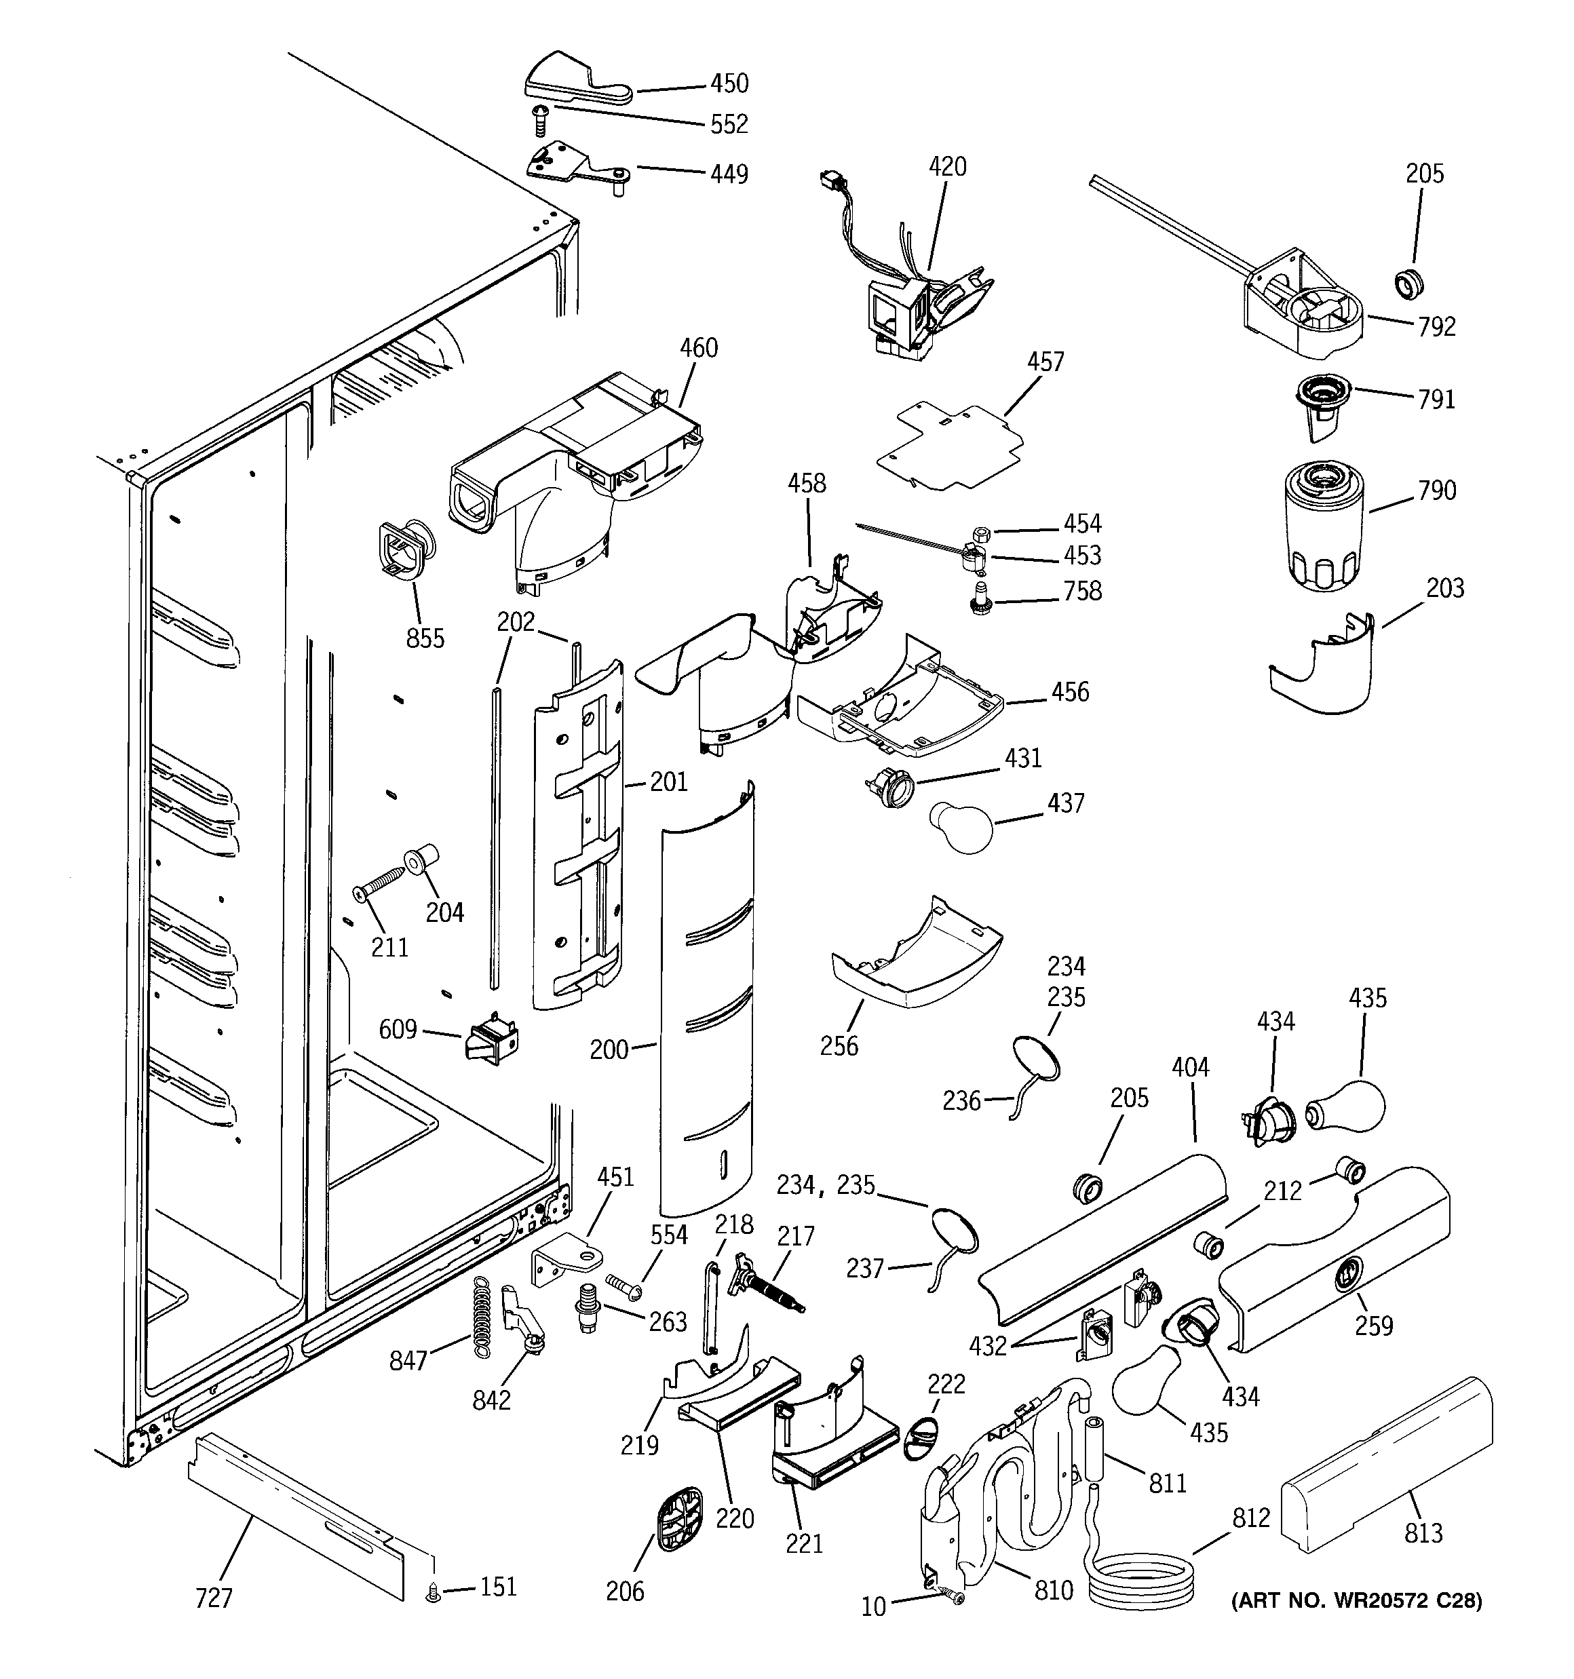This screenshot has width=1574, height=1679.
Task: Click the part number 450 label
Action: tap(728, 83)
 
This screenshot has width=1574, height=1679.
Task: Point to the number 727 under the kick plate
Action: tap(213, 1598)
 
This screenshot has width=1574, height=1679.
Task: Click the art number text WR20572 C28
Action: tap(1356, 1600)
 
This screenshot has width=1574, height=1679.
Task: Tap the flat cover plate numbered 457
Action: tap(951, 448)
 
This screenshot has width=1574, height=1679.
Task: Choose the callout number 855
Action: tap(425, 638)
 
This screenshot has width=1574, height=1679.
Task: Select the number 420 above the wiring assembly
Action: tap(947, 168)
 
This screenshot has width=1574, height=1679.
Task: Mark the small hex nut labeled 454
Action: tap(981, 534)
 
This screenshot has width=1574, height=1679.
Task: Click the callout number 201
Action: tap(668, 782)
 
